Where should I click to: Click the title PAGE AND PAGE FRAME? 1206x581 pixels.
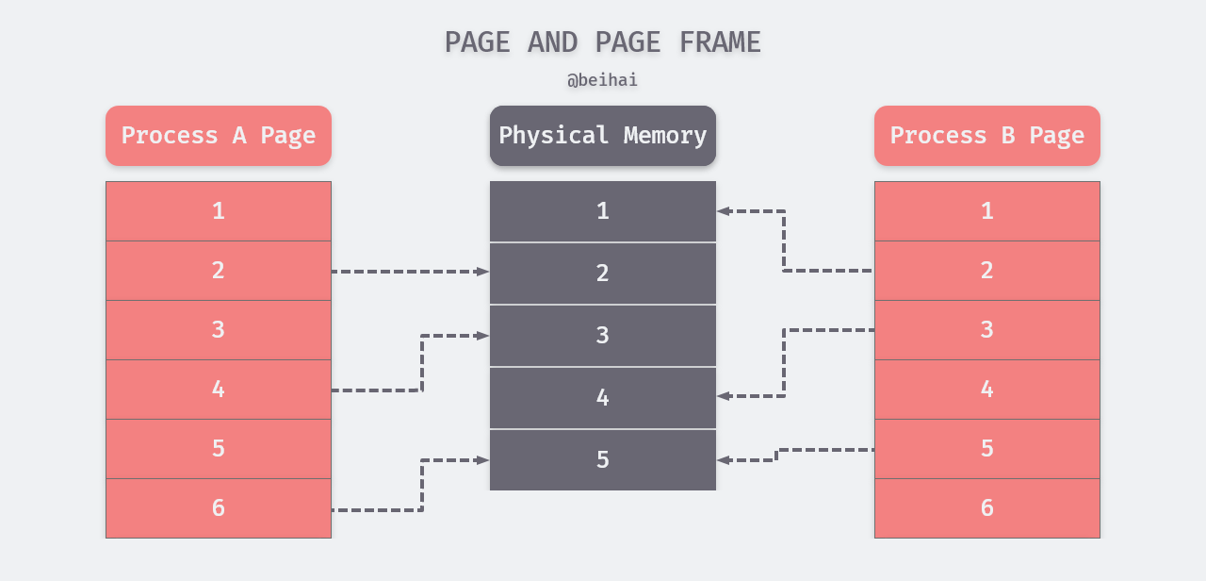pos(603,42)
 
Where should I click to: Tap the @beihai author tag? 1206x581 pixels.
pos(603,80)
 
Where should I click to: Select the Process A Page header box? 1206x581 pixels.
pos(219,136)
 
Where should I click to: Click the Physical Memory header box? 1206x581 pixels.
pos(603,136)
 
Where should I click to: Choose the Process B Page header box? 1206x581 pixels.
pos(987,136)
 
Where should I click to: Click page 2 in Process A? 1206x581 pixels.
pos(219,271)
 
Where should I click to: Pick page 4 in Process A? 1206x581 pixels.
pos(219,390)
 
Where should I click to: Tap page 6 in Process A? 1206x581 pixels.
pos(219,508)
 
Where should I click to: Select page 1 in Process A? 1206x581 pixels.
pos(219,211)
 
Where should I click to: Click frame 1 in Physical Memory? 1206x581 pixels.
pos(603,211)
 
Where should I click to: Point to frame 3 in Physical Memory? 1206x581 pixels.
pos(603,336)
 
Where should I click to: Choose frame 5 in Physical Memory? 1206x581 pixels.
pos(603,460)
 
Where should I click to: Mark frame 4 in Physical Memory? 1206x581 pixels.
pos(603,398)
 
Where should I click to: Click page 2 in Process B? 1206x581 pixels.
pos(987,271)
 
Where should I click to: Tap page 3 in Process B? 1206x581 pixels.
pos(987,330)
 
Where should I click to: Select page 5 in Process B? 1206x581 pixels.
pos(987,449)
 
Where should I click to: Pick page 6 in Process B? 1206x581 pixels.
pos(987,508)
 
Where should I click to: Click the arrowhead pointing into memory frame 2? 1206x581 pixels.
pos(483,272)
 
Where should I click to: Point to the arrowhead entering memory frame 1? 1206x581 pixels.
pos(723,211)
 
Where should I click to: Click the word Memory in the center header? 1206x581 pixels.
pos(665,136)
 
